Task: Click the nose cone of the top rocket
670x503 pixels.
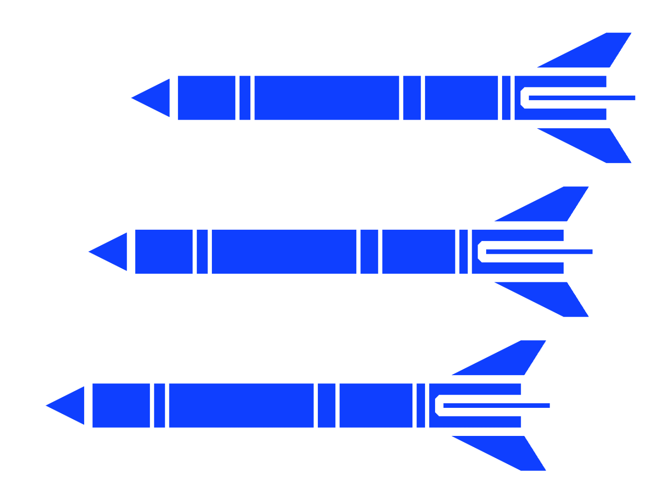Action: pyautogui.click(x=156, y=98)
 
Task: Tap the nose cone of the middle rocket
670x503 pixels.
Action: pyautogui.click(x=114, y=251)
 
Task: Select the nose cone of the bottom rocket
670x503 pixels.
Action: pyautogui.click(x=71, y=406)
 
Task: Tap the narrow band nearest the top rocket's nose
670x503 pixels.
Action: pyautogui.click(x=245, y=98)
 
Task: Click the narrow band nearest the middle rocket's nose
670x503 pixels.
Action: pyautogui.click(x=202, y=251)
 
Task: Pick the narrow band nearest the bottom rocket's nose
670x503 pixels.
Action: pyautogui.click(x=159, y=406)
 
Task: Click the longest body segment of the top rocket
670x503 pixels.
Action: pyautogui.click(x=326, y=98)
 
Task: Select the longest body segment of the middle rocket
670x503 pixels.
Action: pyautogui.click(x=284, y=251)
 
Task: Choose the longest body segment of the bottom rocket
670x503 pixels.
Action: pyautogui.click(x=241, y=406)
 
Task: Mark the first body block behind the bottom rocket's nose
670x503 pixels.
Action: pyautogui.click(x=121, y=406)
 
